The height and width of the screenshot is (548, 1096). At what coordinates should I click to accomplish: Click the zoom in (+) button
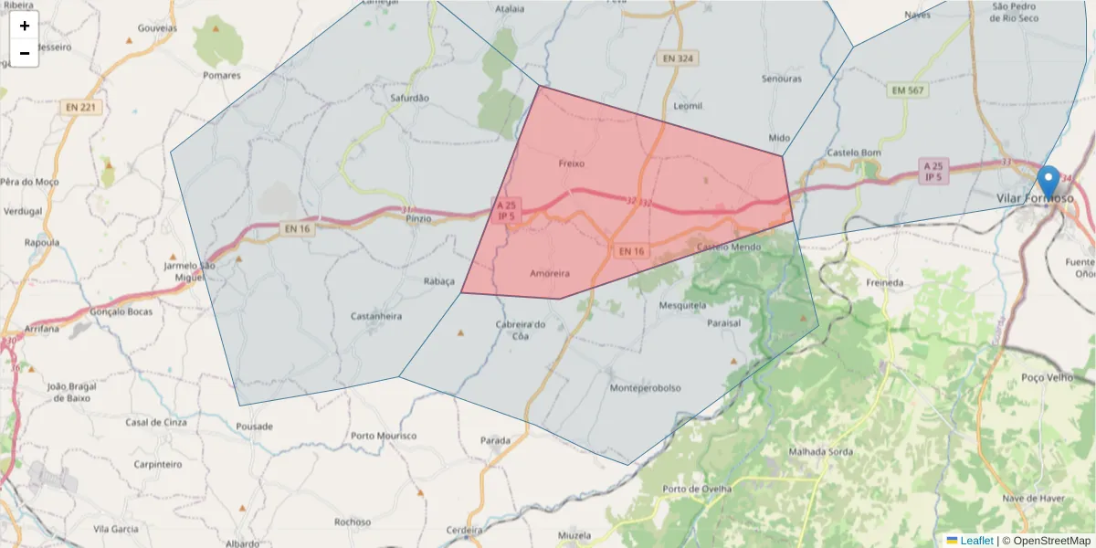click(x=25, y=26)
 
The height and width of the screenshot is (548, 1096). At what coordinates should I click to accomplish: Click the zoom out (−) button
click(x=25, y=53)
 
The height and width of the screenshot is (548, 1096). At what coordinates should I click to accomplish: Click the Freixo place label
click(x=571, y=163)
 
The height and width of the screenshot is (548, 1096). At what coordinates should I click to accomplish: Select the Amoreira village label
click(x=550, y=273)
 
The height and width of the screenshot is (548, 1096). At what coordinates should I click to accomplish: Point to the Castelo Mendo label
click(x=728, y=248)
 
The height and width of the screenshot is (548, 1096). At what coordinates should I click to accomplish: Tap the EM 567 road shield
click(x=907, y=90)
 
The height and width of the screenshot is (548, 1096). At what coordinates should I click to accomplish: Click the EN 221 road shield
click(x=81, y=107)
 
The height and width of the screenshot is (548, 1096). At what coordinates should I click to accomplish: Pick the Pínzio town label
click(x=418, y=218)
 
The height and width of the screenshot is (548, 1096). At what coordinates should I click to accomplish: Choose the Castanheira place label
click(x=376, y=316)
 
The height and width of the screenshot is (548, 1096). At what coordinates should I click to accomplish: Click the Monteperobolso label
click(x=645, y=388)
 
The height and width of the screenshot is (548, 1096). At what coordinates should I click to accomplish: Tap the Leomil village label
click(x=688, y=106)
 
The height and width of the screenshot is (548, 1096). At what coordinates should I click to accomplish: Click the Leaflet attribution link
click(x=976, y=541)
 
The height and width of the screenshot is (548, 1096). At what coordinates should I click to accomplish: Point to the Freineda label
click(x=884, y=283)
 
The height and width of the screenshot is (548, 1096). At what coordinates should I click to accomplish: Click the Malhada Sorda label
click(x=819, y=451)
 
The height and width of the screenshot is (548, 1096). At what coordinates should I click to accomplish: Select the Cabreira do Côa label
click(x=520, y=330)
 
